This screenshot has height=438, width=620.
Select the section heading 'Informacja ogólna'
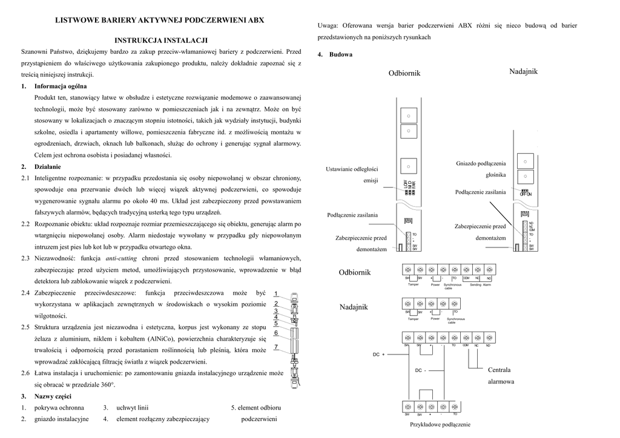tap(60, 86)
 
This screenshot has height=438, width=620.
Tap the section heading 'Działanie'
tap(48, 166)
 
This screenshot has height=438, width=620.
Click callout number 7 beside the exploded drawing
tap(275, 347)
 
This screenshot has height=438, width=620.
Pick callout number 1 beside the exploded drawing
tap(275, 294)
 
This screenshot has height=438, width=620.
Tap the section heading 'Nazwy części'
tap(53, 396)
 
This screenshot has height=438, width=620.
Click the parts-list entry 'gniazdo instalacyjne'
tap(61, 419)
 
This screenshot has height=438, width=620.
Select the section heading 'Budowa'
tap(341, 54)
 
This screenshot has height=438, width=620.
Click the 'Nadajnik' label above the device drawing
tap(523, 71)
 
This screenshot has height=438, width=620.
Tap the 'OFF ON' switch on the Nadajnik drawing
tap(526, 194)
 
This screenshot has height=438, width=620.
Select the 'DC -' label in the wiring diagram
tap(420, 370)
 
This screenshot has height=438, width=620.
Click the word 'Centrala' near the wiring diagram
tap(499, 370)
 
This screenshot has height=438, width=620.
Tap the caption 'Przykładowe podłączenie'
tap(440, 425)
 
